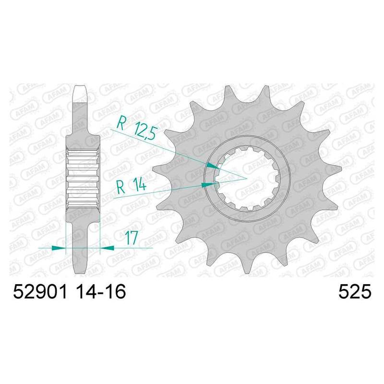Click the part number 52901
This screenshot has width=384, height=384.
click(x=40, y=292)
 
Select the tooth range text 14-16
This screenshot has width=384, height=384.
click(x=100, y=292)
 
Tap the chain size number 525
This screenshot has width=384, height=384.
click(x=355, y=292)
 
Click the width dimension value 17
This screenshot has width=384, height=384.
click(x=131, y=238)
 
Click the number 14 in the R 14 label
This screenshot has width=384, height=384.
click(x=139, y=185)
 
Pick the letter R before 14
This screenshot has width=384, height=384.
click(x=121, y=187)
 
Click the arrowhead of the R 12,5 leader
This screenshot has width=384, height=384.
click(x=213, y=166)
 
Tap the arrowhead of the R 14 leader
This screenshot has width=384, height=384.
click(x=207, y=185)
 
